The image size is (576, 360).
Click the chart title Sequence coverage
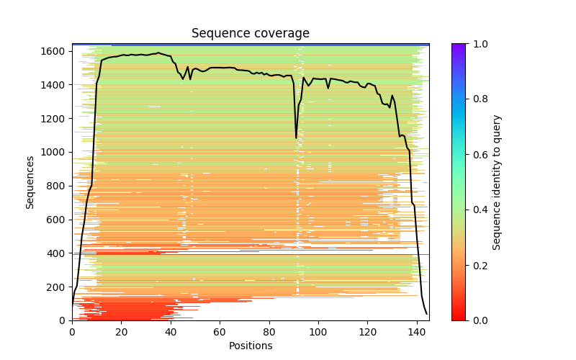click(x=251, y=34)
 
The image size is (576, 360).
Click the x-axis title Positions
click(x=251, y=346)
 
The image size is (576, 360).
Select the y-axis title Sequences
click(x=30, y=181)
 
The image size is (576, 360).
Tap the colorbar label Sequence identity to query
click(x=497, y=181)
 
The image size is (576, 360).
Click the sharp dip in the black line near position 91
click(x=296, y=137)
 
